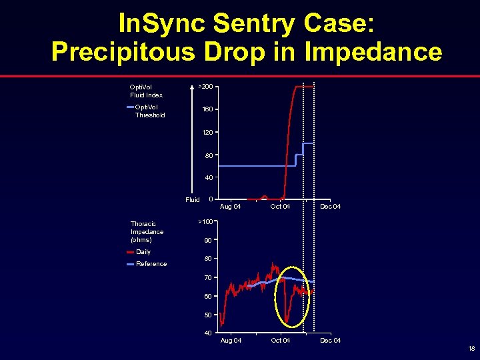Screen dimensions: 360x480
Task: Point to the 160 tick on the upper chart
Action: (207, 109)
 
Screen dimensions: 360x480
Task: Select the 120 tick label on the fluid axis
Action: (207, 133)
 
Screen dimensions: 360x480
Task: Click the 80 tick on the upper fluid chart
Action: (209, 155)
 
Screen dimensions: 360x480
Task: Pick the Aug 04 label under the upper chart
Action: (231, 207)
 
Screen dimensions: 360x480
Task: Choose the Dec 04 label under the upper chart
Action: (330, 207)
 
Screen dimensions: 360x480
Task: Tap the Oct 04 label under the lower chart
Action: (280, 341)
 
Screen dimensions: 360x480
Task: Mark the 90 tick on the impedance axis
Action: (208, 240)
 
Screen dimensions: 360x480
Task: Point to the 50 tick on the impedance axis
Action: (208, 315)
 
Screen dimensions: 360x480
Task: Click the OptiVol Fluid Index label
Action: (146, 91)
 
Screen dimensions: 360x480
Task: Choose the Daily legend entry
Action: (143, 252)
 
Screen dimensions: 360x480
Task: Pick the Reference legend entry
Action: (151, 264)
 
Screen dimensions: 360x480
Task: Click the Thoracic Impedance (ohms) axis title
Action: (147, 231)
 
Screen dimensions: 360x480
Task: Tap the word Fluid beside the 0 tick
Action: (192, 199)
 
